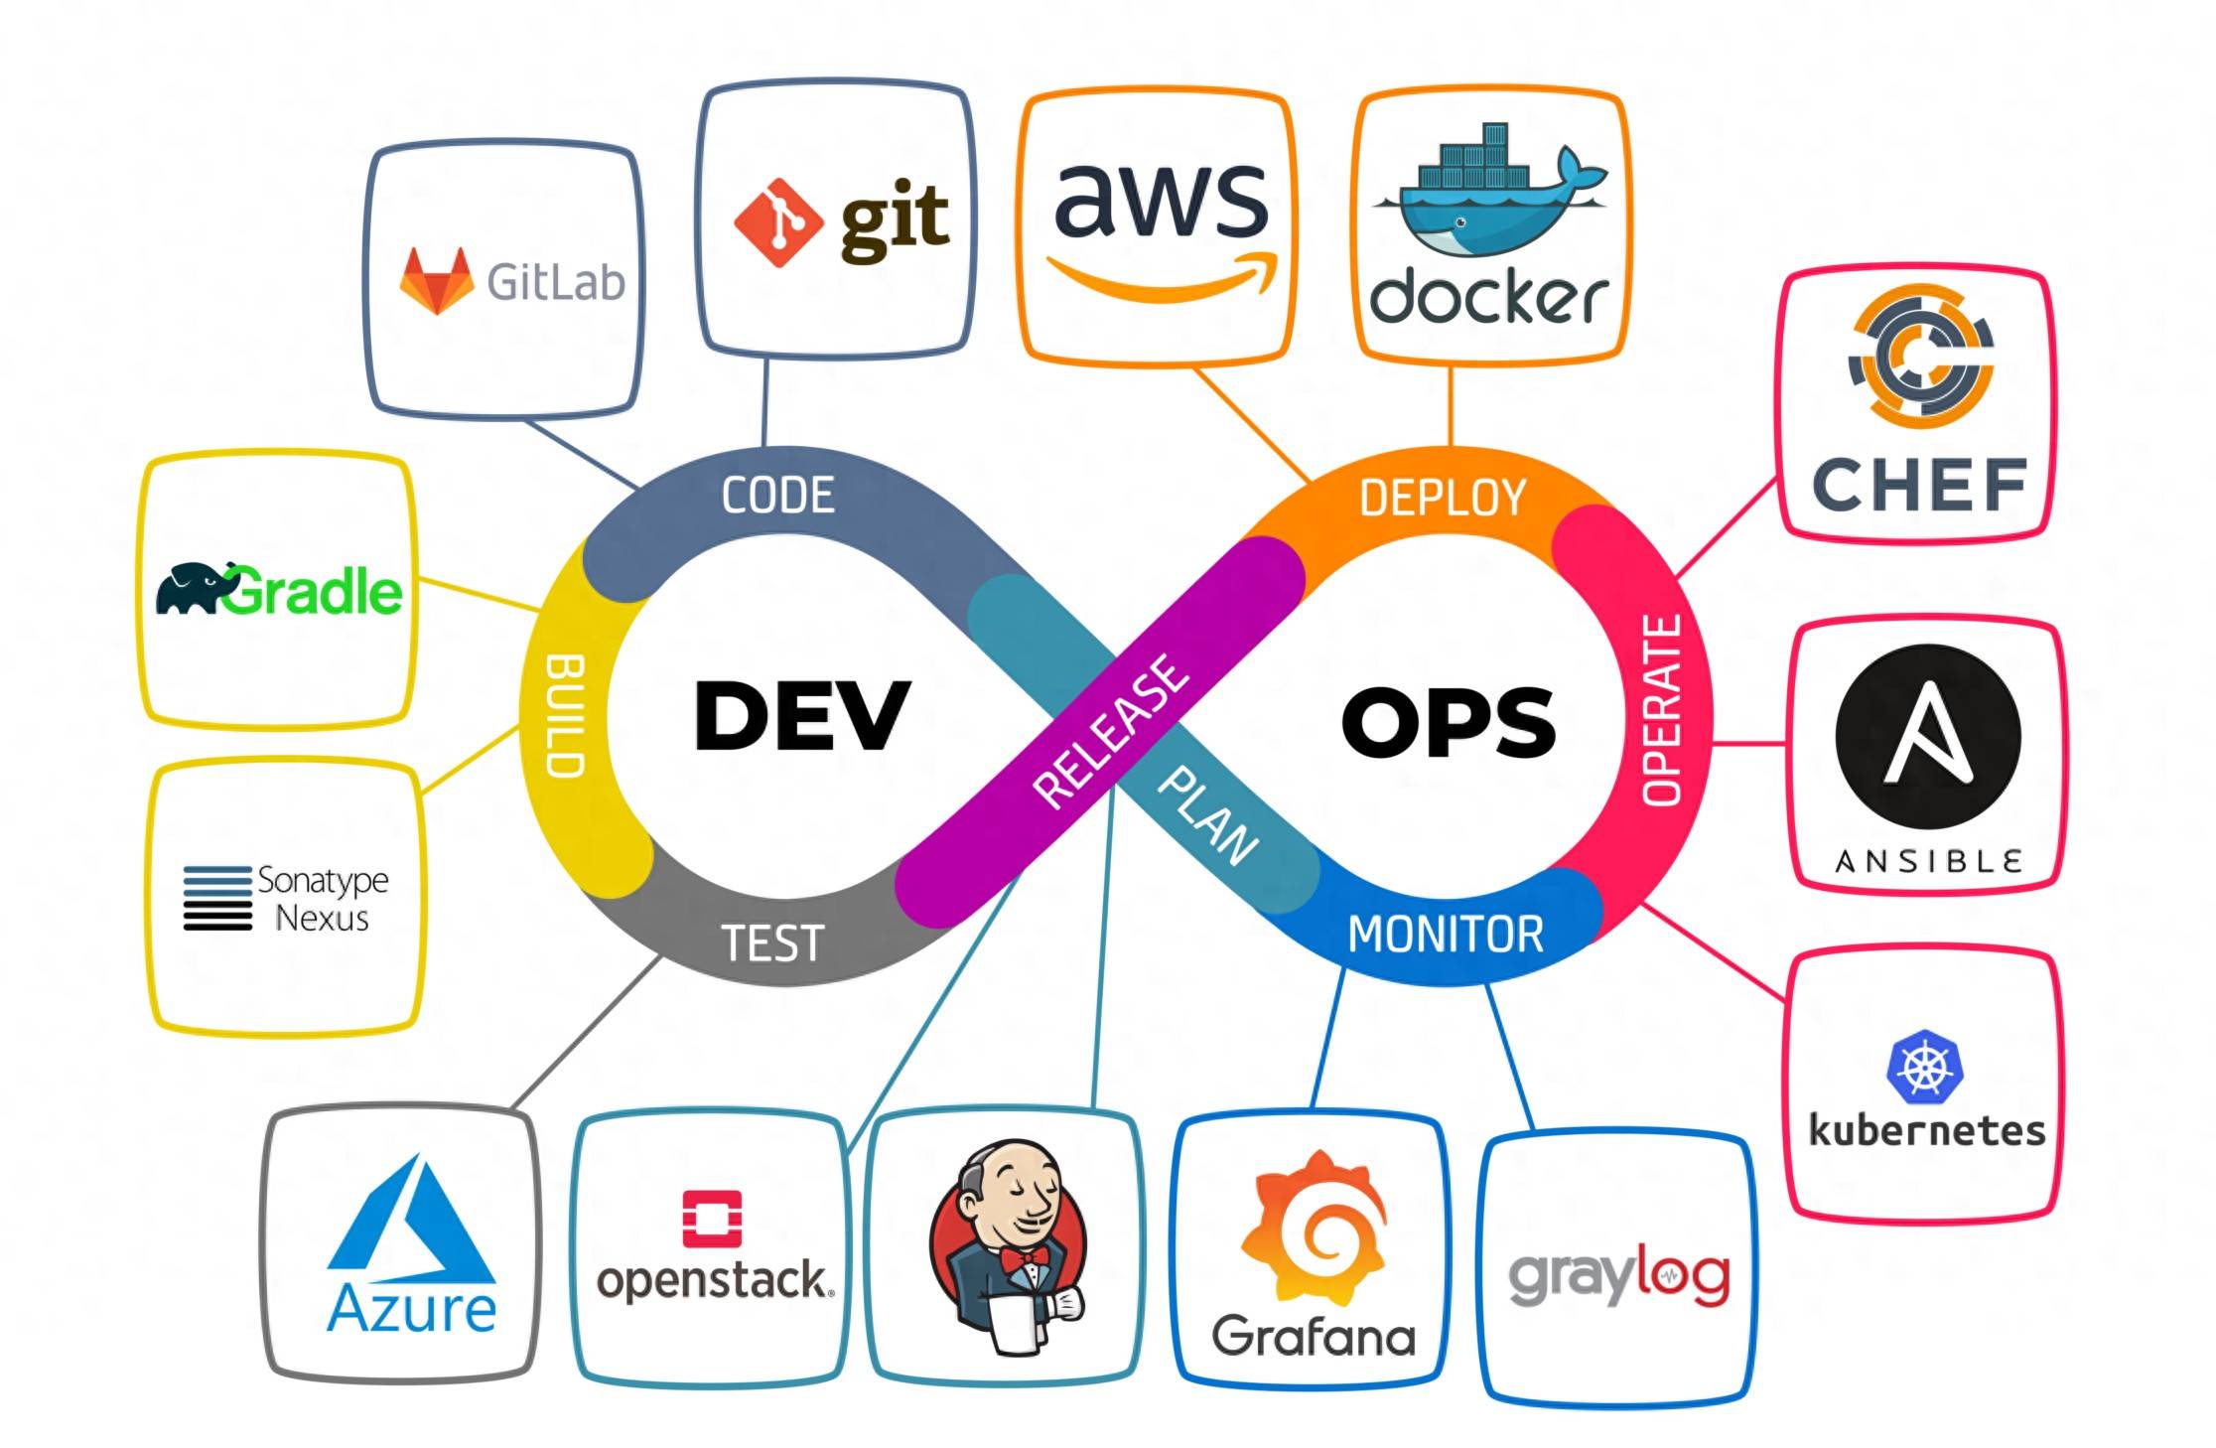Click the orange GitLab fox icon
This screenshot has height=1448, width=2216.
click(x=436, y=282)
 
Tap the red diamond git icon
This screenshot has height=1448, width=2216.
click(x=777, y=222)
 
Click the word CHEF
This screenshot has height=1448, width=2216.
click(x=1919, y=485)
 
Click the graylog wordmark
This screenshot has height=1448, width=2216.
click(x=1618, y=1278)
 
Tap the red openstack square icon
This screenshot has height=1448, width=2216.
click(x=712, y=1218)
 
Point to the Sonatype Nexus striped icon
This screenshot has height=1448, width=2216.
click(x=217, y=898)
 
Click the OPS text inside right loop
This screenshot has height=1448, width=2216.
click(x=1448, y=722)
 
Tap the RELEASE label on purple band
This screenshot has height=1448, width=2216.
click(x=1110, y=731)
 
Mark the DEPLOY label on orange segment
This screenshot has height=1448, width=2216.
click(x=1442, y=498)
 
